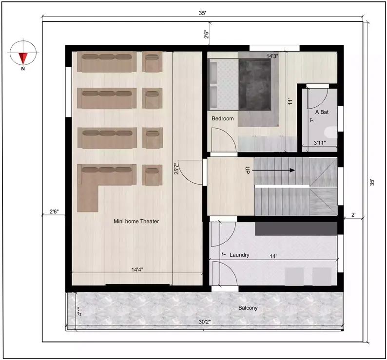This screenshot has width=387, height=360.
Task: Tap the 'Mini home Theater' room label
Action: click(136, 221)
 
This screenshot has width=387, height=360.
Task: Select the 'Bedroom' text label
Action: click(223, 118)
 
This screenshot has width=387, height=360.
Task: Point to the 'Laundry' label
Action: click(239, 254)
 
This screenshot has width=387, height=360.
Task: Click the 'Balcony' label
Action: click(248, 308)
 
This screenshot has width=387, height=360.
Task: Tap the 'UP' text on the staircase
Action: click(248, 171)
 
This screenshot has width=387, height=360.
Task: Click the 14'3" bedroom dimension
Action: click(272, 56)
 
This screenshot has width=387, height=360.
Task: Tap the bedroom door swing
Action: click(227, 141)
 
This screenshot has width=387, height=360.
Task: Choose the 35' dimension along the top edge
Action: click(202, 13)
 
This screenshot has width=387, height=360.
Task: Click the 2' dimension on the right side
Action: click(353, 214)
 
